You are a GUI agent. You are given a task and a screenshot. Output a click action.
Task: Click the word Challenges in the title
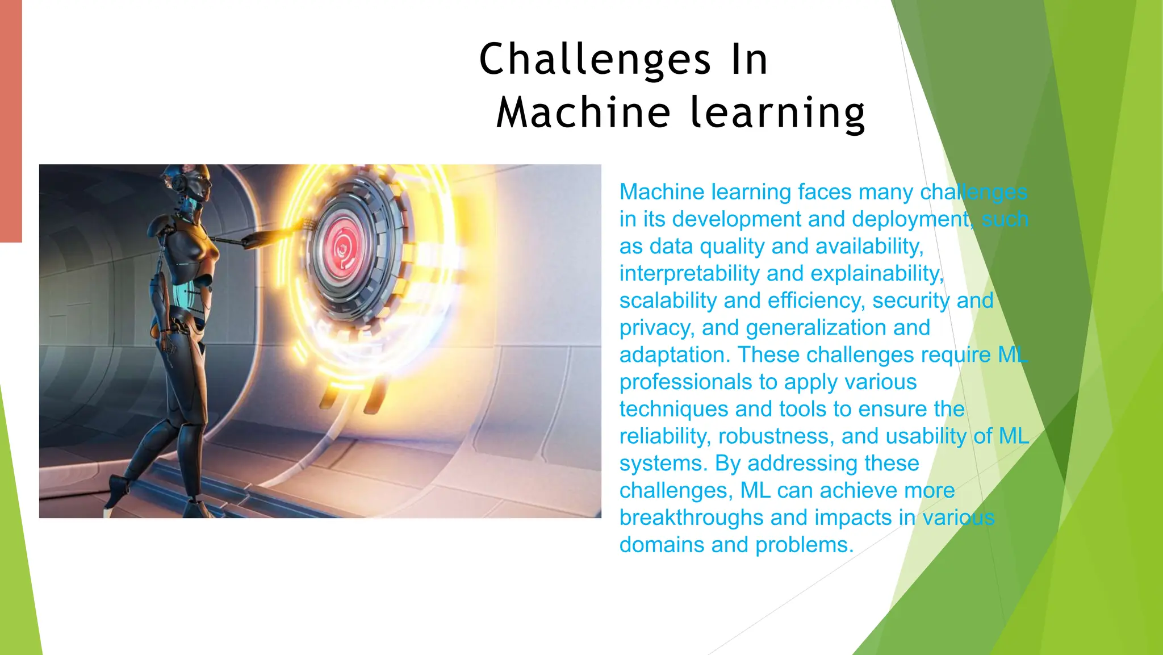coord(595,60)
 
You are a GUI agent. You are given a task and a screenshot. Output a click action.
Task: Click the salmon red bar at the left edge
coord(11,121)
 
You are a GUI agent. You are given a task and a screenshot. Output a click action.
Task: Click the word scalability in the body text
coord(668,301)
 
